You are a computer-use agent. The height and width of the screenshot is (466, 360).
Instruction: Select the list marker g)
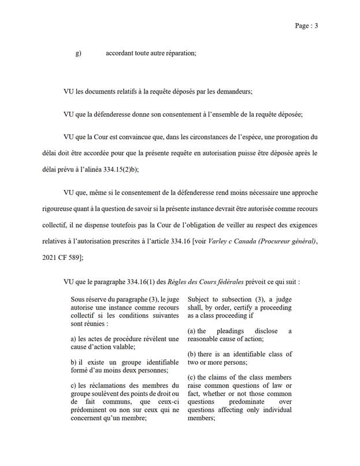pos(78,54)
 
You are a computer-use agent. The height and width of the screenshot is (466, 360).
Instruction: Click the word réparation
pos(179,54)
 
